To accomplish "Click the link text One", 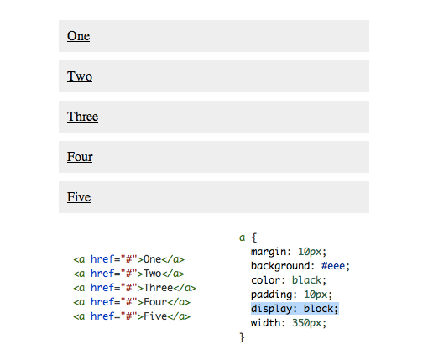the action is coord(78,36).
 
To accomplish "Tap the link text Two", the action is coord(80,76).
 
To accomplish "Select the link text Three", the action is coord(82,117).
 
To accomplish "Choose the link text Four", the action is coord(80,157).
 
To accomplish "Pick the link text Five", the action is coord(79,197).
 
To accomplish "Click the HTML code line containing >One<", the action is coord(129,259).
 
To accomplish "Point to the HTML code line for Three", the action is coord(135,288).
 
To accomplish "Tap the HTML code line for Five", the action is coord(132,316).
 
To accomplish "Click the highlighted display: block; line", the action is coord(295,309).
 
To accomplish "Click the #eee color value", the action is coord(333,266).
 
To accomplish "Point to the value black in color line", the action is coord(306,280).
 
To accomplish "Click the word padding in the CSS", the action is coord(271,295).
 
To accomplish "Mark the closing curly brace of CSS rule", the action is coord(242,337).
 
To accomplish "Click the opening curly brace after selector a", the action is coord(254,237).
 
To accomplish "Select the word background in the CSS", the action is coord(280,266).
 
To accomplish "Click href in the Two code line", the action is coord(102,274).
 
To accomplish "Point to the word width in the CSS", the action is coord(266,323).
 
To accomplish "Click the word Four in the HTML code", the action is coord(155,302).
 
